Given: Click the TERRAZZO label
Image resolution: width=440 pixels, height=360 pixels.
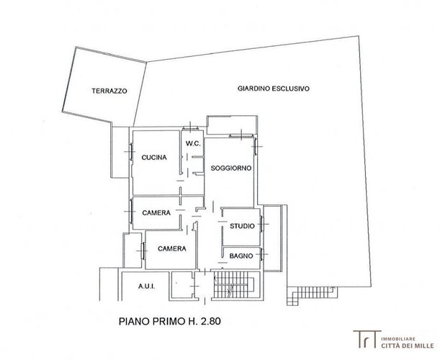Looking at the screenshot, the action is click(109, 91).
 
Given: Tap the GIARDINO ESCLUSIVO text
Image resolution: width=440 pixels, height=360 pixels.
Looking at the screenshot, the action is click(274, 89).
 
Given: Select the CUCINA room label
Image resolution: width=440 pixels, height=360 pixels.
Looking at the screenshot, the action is click(154, 158).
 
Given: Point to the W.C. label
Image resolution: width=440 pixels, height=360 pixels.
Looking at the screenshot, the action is click(193, 143).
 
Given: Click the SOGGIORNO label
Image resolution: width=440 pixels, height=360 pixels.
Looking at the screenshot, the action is click(231, 168).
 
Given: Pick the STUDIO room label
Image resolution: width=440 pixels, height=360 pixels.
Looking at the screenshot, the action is click(242, 226).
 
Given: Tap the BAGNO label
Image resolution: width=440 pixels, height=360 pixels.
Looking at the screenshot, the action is click(241, 256).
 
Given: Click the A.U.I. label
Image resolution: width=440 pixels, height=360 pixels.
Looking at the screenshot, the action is click(147, 287).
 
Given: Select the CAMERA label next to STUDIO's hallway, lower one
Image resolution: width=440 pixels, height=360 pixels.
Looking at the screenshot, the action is click(172, 248).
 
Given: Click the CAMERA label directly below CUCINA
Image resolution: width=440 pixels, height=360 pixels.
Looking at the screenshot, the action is click(156, 213).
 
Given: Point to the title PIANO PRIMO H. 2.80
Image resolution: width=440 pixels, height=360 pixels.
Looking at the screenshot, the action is click(170, 321).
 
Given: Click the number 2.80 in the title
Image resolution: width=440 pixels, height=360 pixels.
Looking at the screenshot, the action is click(211, 321).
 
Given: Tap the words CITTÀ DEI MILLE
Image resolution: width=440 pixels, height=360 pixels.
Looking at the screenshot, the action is click(408, 346).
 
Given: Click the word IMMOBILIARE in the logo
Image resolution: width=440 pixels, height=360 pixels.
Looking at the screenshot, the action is click(398, 339).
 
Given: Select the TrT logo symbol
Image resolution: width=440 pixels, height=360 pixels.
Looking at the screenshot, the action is click(367, 339).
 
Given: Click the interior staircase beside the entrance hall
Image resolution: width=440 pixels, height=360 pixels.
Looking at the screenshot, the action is click(233, 285).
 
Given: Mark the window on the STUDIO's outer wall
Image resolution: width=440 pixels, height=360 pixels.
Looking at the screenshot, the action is click(261, 224).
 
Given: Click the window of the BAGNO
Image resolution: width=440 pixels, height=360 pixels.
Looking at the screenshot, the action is click(261, 254).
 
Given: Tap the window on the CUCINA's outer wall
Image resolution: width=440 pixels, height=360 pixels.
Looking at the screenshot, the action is click(131, 152).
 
